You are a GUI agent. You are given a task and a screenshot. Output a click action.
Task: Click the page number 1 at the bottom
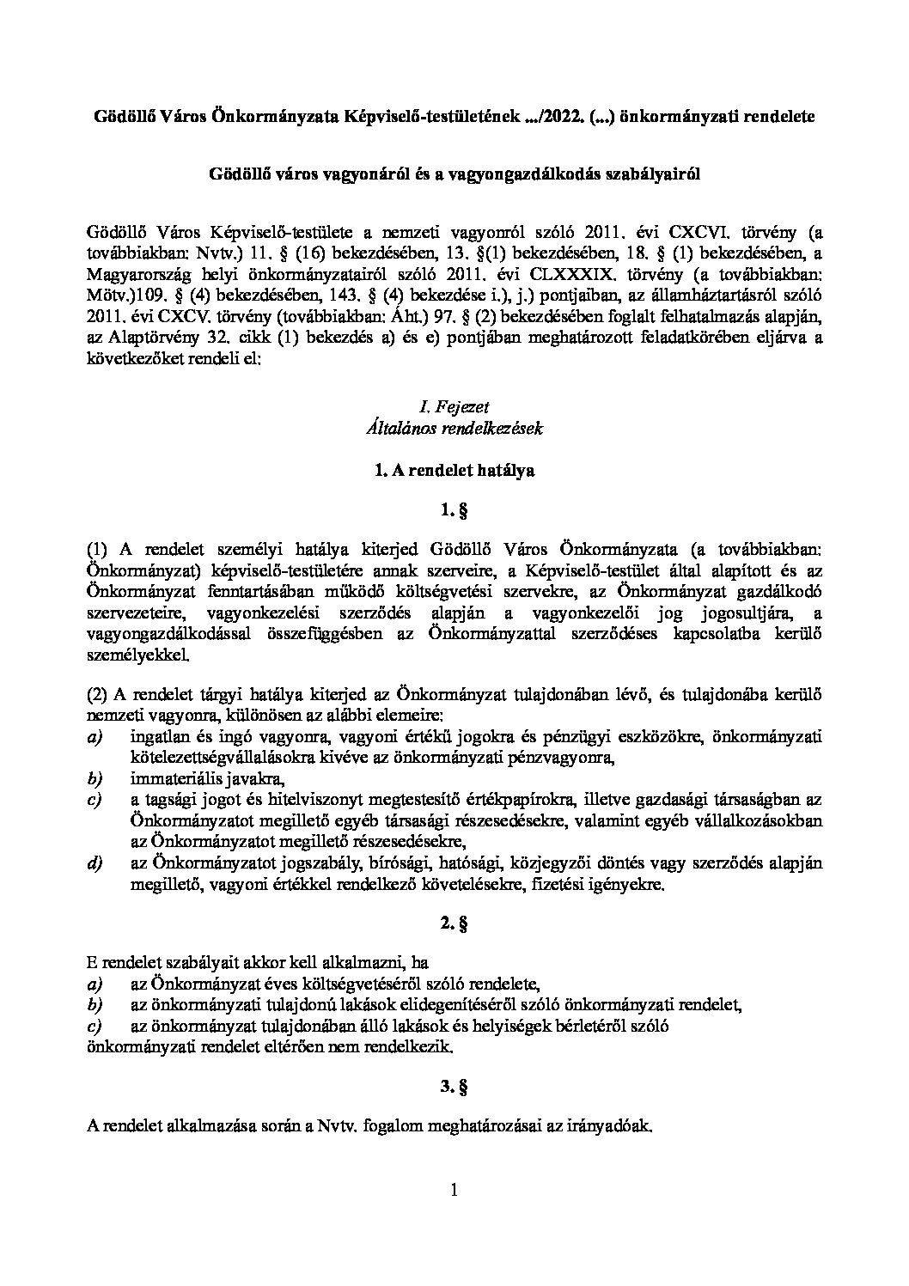pyautogui.click(x=454, y=1191)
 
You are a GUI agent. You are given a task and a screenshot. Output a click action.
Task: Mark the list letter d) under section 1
pyautogui.click(x=95, y=863)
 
